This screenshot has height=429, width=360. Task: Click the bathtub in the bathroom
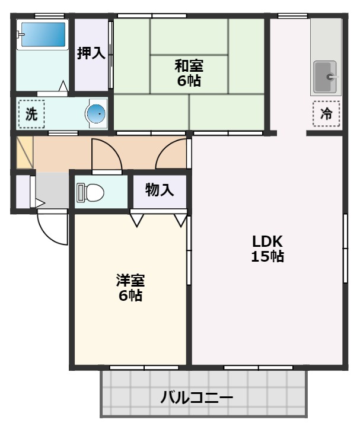click(x=42, y=35)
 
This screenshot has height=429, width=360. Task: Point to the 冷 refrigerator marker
click(x=326, y=114)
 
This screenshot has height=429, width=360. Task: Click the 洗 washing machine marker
click(x=31, y=114)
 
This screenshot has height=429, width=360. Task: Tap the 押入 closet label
click(x=91, y=53)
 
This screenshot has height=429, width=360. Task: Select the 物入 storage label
click(x=160, y=190)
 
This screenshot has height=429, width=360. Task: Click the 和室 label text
click(x=189, y=65)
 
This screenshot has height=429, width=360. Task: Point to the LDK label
click(x=267, y=241)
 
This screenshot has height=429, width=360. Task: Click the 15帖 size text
click(x=267, y=257)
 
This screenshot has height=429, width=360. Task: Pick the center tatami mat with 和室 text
click(x=189, y=73)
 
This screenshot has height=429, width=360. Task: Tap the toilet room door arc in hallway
click(x=107, y=155)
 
